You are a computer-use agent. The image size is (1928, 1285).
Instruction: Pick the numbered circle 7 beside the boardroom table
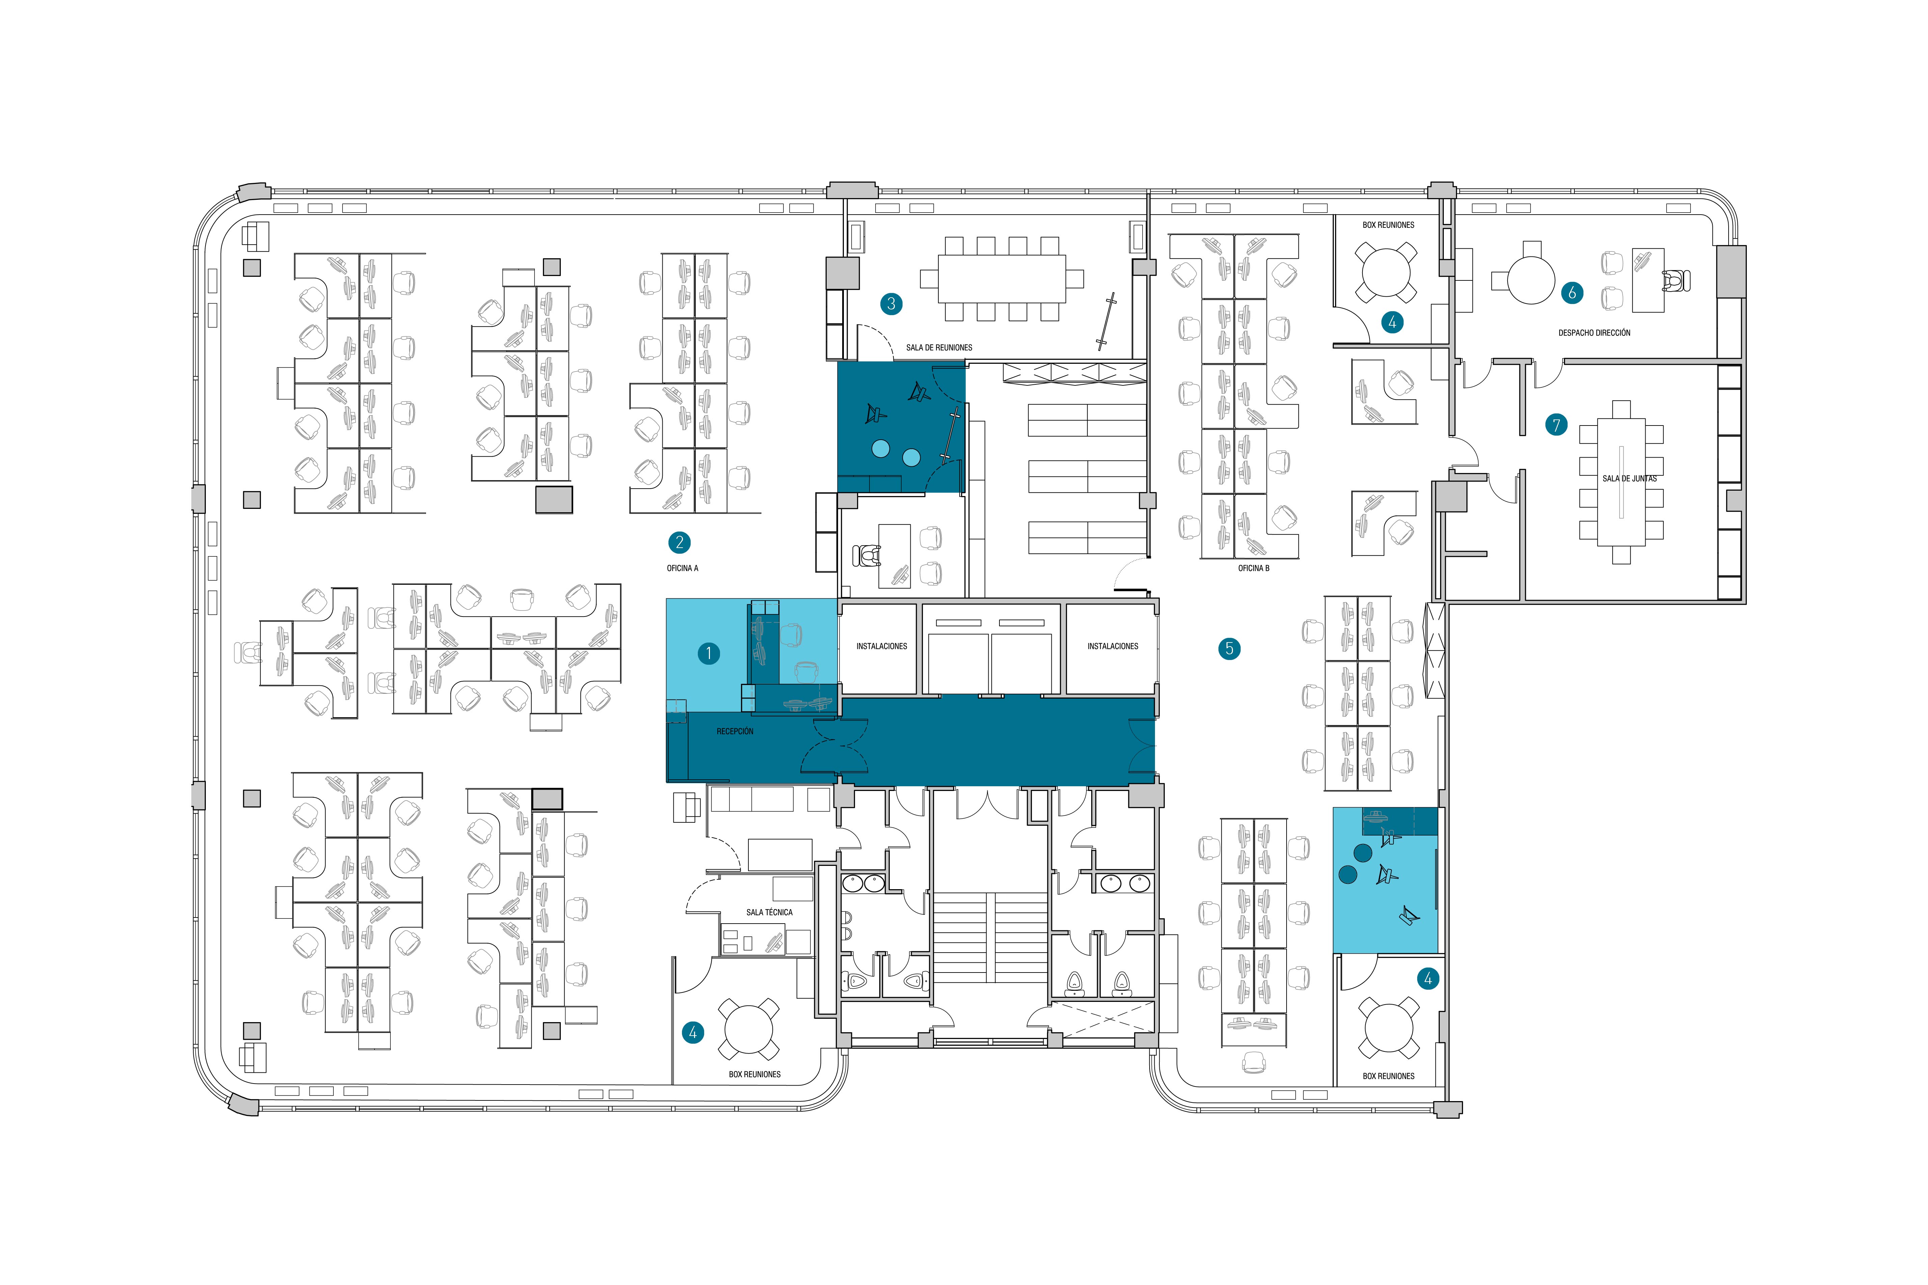pos(1556,425)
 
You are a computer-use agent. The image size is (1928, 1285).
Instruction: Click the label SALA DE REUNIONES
pos(939,348)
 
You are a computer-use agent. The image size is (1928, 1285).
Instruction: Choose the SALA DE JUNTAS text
pos(1629,479)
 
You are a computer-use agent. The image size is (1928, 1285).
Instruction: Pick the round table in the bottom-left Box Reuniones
pos(748,1029)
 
